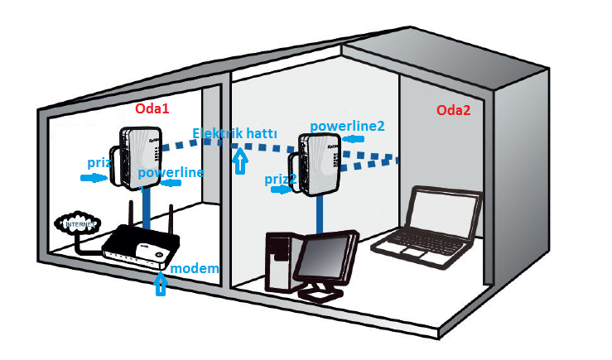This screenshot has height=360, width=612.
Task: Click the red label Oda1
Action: pyautogui.click(x=153, y=109)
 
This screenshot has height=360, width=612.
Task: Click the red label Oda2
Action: pyautogui.click(x=455, y=110)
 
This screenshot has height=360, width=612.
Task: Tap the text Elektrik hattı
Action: pyautogui.click(x=234, y=134)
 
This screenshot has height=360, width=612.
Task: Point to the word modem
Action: pyautogui.click(x=195, y=269)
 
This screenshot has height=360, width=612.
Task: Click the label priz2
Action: pyautogui.click(x=280, y=179)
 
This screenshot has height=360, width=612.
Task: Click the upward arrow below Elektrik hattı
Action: pyautogui.click(x=240, y=161)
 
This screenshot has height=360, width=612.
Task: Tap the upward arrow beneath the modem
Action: pyautogui.click(x=161, y=284)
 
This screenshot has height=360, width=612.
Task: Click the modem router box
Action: pyautogui.click(x=141, y=247)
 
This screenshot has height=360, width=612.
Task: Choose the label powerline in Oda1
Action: pyautogui.click(x=171, y=172)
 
